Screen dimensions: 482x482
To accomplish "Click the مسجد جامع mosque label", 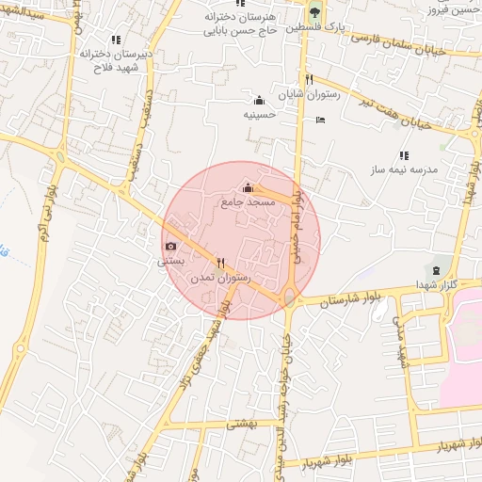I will (249, 202).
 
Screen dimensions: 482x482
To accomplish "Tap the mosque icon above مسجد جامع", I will (249, 188).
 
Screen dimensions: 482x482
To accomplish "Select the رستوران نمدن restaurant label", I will (220, 279).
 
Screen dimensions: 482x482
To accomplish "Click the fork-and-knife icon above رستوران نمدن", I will (220, 264).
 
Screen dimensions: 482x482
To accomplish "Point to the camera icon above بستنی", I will (170, 247).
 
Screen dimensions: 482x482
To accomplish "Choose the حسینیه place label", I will (260, 115).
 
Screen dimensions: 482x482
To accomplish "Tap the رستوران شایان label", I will (307, 95).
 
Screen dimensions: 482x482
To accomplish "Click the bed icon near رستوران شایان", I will (321, 120).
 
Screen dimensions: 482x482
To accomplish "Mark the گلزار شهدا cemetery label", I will (435, 283).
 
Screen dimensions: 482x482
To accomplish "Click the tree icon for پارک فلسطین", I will (315, 12).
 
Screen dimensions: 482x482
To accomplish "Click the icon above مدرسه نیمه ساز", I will (404, 155).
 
